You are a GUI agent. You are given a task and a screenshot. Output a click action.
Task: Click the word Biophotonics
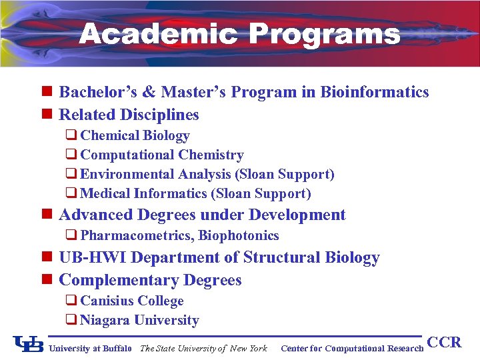[x=239, y=235]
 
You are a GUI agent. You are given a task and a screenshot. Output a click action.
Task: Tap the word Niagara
[x=105, y=320]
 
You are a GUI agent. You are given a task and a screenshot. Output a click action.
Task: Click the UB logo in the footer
[x=29, y=344]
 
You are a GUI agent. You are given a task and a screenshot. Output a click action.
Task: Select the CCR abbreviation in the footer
[x=444, y=343]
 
